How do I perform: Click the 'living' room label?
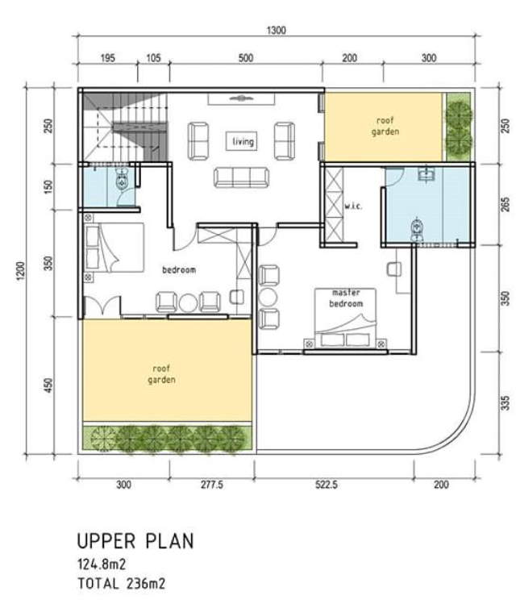[243, 142]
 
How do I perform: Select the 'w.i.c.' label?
[353, 206]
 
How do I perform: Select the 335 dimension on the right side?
[506, 401]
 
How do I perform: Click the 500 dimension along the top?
[246, 58]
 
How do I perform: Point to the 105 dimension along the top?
[153, 58]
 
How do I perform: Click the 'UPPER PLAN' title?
[135, 540]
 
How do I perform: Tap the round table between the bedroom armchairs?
[188, 302]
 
